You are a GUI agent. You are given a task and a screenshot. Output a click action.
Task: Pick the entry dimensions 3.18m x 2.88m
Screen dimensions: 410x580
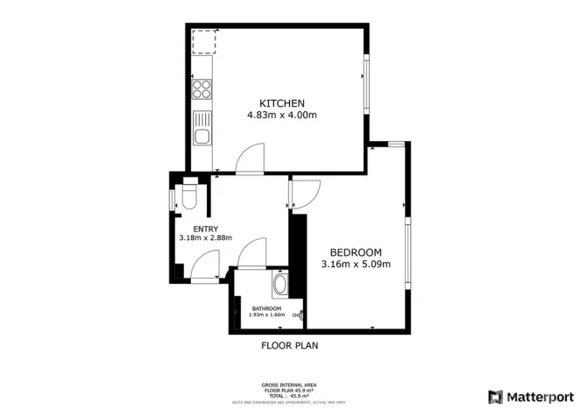(202, 238)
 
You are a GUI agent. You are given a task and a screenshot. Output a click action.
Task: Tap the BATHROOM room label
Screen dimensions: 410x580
(266, 308)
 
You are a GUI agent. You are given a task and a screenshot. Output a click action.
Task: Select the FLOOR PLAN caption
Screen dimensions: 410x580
(290, 345)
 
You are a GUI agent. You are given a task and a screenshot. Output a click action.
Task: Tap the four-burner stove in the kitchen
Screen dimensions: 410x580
(202, 88)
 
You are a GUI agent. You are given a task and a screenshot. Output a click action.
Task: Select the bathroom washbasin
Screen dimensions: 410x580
(280, 285)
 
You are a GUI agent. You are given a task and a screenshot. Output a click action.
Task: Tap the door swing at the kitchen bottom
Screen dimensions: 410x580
(249, 161)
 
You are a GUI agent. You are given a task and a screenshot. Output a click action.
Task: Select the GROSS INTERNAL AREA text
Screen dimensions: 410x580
(290, 385)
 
